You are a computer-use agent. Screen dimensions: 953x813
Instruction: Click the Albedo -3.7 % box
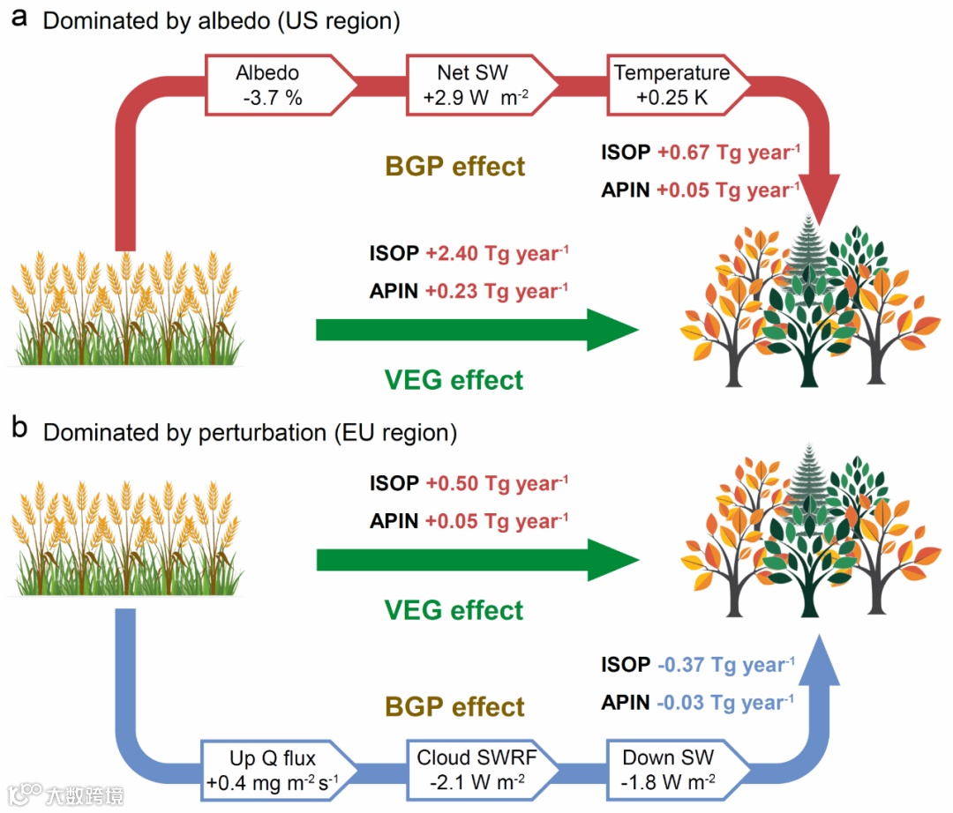point(273,86)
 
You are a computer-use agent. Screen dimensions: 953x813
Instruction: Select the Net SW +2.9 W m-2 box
point(476,86)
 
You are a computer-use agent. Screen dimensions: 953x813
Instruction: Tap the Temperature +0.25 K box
point(676,86)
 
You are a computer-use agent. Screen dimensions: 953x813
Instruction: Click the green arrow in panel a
point(476,331)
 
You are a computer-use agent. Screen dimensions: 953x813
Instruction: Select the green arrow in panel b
point(476,561)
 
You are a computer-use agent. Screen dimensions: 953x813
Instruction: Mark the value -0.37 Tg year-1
point(726,665)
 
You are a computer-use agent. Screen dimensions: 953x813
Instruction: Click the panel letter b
point(19,431)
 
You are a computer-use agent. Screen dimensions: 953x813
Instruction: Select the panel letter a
point(19,19)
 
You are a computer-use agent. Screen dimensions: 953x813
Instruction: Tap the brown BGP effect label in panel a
point(455,166)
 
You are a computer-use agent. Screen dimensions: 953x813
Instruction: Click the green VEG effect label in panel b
point(454,610)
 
